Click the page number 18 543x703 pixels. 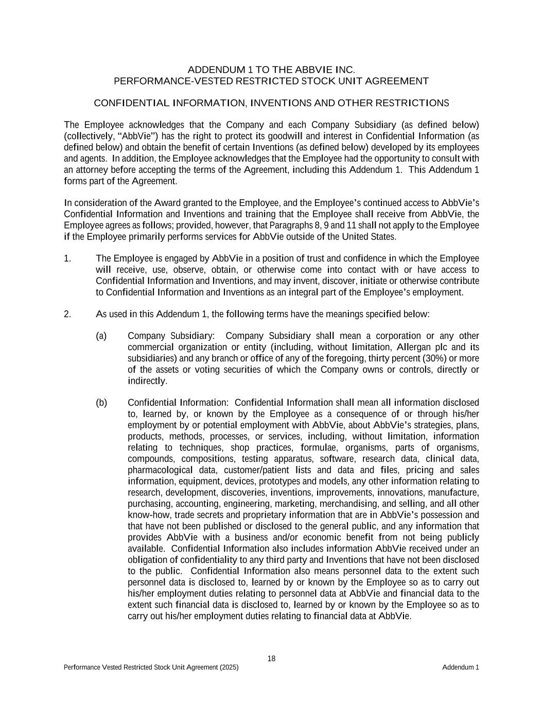tap(272, 659)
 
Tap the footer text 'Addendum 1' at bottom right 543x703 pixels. tap(460, 667)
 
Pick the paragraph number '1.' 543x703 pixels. tap(67, 259)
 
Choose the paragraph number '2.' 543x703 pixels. tap(67, 314)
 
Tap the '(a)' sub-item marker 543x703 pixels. tap(101, 336)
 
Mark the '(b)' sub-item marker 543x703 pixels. tap(101, 403)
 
